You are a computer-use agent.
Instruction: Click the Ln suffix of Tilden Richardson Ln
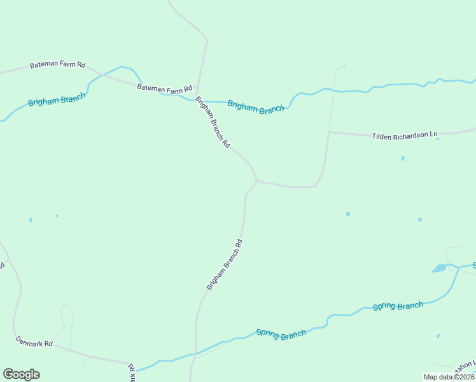pos(434,134)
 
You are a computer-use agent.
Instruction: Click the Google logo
pos(21,374)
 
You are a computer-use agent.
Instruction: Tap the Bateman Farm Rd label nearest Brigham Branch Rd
pos(165,89)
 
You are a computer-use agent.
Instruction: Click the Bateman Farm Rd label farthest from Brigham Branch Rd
pos(57,66)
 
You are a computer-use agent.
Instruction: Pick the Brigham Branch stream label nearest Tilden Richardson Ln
pos(256,108)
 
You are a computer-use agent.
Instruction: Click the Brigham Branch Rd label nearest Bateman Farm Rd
pos(213,122)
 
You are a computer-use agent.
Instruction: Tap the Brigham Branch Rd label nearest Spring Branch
pos(225,265)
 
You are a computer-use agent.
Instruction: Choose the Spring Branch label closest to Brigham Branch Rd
pos(281,334)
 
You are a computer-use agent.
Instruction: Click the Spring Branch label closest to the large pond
pos(398,306)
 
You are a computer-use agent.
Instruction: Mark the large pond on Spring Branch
pos(440,269)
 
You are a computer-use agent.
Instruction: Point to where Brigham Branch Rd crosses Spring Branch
pos(193,353)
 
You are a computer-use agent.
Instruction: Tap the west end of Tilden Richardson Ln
pos(329,132)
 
